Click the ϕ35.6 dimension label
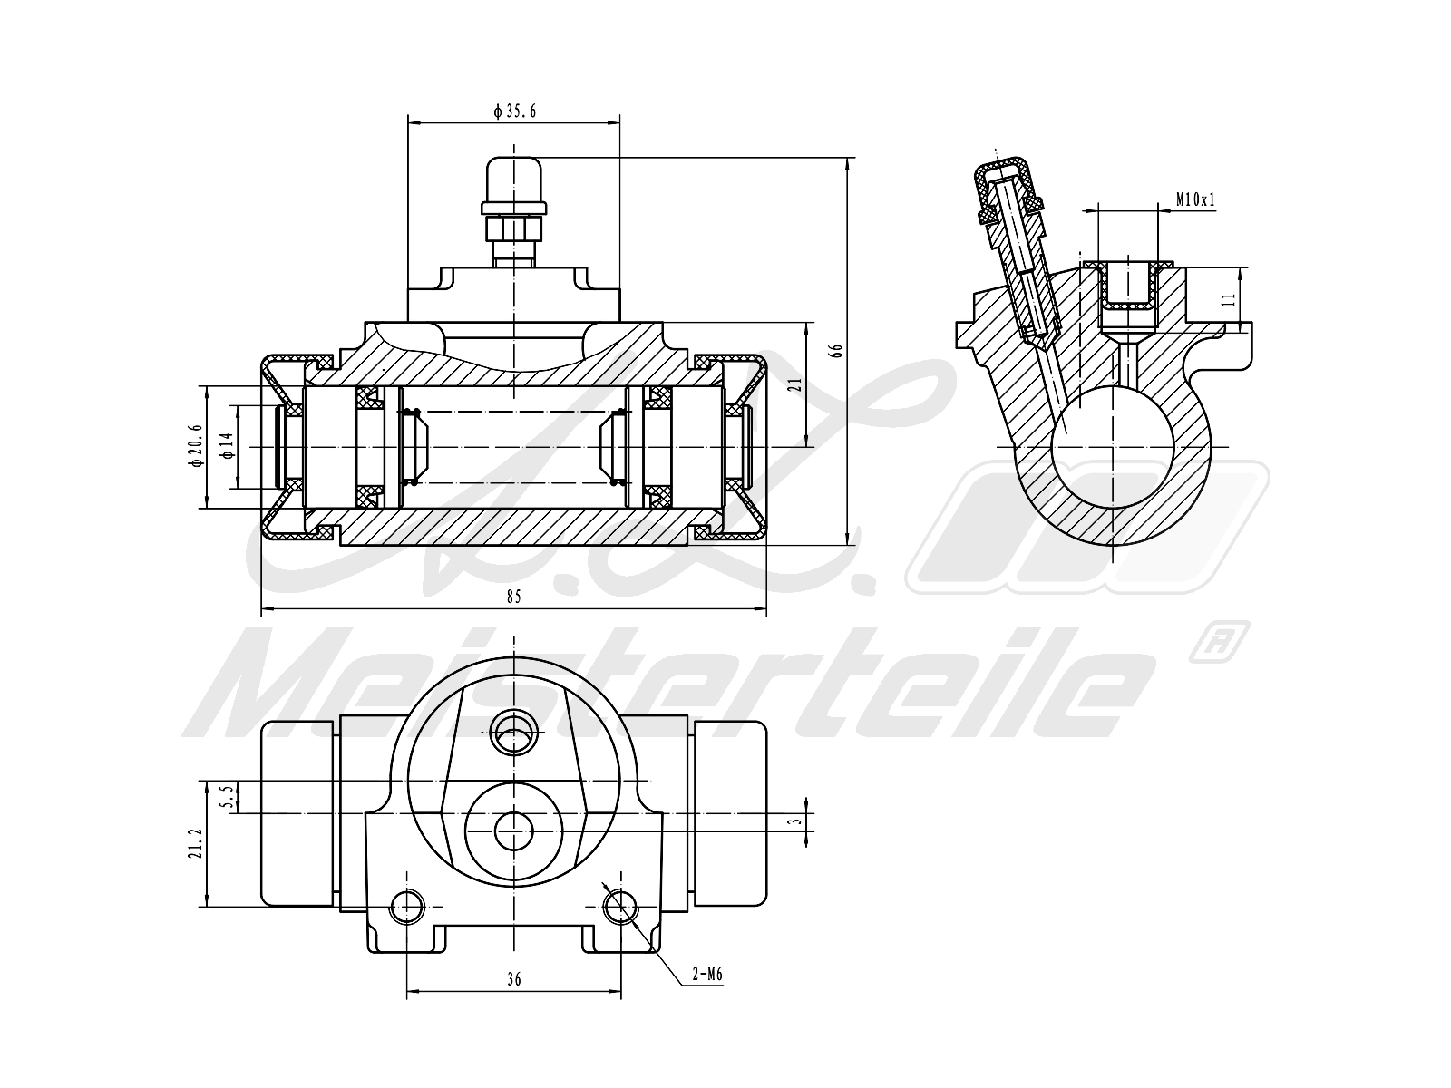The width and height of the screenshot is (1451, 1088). pos(514,112)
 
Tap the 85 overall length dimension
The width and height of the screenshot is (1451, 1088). pos(514,596)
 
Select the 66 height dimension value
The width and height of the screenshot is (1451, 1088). pos(837,349)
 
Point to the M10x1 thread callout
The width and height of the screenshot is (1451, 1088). pos(1195,199)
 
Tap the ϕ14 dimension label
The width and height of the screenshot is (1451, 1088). pos(228,445)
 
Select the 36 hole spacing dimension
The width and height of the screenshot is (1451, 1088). pos(514,979)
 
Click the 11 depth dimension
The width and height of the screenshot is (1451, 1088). pos(1229,299)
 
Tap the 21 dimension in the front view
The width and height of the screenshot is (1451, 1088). pos(794,384)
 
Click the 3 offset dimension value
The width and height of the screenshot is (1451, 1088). pos(794,821)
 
